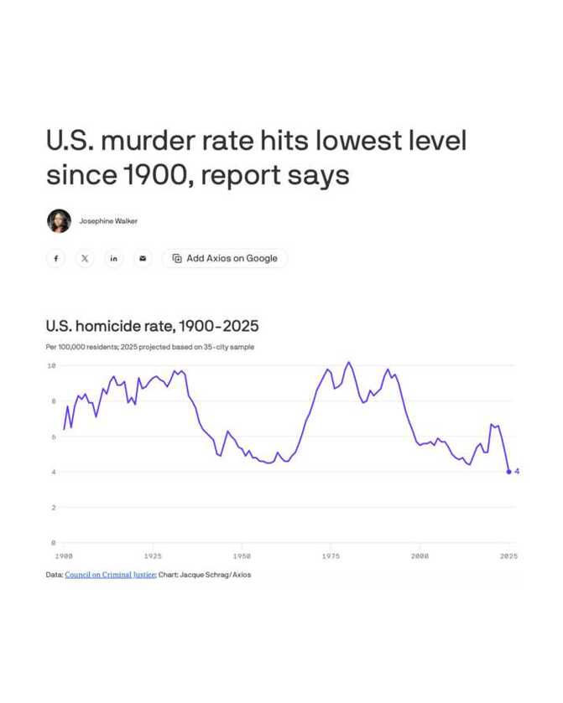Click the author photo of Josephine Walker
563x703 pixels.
click(59, 220)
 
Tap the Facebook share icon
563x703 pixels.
click(56, 258)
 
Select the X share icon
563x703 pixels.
click(85, 258)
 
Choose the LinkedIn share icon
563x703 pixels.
click(113, 258)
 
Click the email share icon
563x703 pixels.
click(142, 258)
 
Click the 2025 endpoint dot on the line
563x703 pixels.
click(508, 472)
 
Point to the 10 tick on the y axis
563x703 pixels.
click(51, 366)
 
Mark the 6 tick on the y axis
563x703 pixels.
click(53, 437)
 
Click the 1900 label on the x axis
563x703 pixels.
click(63, 556)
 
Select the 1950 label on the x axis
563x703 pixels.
click(242, 556)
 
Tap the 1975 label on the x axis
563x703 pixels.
click(331, 556)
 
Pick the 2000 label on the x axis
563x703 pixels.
click(420, 556)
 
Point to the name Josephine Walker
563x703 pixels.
click(108, 221)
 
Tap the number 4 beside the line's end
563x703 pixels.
click(517, 472)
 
